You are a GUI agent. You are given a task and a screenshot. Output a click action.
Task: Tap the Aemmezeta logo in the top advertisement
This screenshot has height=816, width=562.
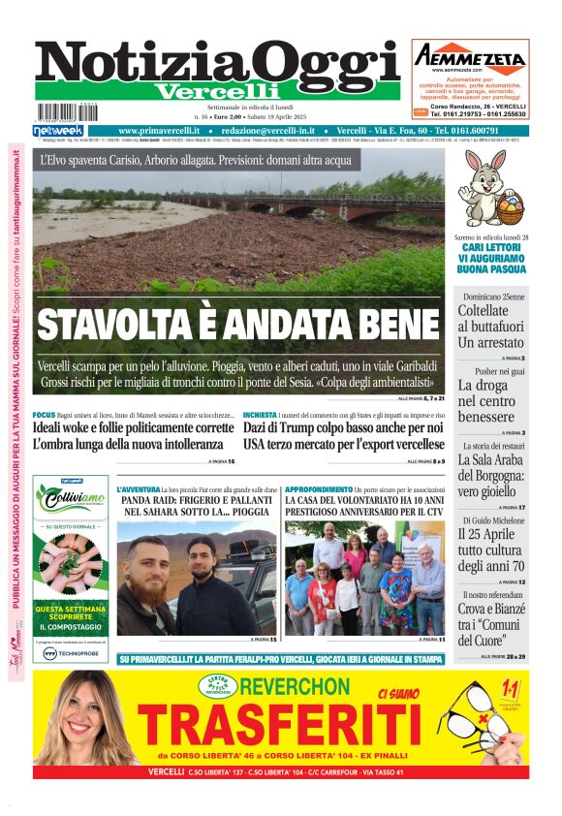pyautogui.click(x=470, y=58)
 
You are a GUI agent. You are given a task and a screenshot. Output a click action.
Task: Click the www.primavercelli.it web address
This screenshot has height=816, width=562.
pyautogui.click(x=160, y=131)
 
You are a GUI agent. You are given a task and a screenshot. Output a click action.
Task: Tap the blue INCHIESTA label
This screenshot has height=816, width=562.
pyautogui.click(x=260, y=415)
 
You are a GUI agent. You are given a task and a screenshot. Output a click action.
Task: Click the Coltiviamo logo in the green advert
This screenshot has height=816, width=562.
pyautogui.click(x=71, y=499)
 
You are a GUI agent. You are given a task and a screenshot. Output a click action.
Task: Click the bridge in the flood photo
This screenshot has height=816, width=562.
pyautogui.click(x=300, y=204)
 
